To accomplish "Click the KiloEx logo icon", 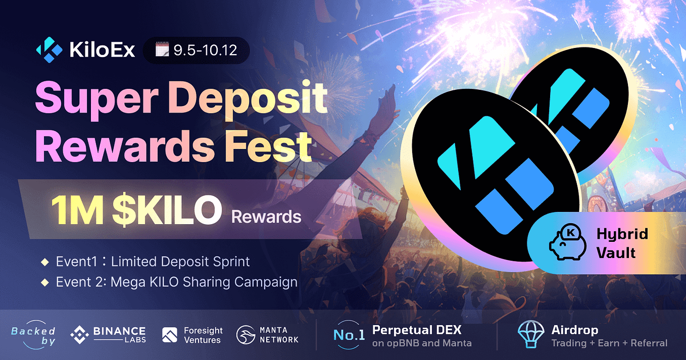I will tap(49, 50).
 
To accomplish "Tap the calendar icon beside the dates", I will tap(162, 50).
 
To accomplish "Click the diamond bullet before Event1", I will tap(45, 262).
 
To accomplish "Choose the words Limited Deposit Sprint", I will tap(180, 262).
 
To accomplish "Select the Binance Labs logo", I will tap(108, 335).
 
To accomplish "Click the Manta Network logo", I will tap(268, 335).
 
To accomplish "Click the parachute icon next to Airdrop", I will tap(530, 334).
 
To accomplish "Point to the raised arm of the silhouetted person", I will tap(382, 116).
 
